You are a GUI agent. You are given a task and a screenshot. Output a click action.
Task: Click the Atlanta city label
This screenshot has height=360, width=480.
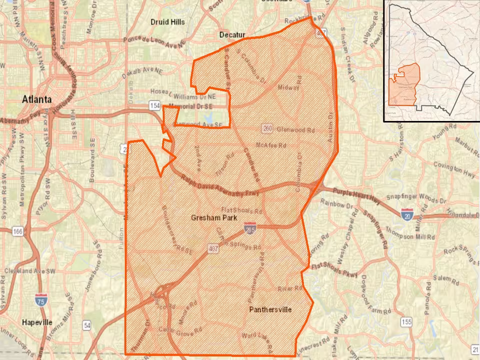click(36, 99)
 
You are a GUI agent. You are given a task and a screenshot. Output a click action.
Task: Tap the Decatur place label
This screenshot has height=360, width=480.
click(232, 34)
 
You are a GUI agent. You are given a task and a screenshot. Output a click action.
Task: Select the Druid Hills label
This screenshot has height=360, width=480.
click(167, 22)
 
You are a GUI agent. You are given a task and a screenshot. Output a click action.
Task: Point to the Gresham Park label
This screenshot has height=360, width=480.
click(213, 218)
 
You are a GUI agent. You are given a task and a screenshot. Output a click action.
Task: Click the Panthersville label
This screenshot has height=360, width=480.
click(270, 309)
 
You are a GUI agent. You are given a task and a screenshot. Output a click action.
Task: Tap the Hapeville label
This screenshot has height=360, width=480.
click(36, 322)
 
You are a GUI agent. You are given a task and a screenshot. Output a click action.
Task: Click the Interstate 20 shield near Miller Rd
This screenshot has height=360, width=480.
click(406, 214)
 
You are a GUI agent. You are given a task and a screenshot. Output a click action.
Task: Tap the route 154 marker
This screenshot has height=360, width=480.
click(154, 105)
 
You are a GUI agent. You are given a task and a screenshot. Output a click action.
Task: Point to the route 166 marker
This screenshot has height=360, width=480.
click(18, 231)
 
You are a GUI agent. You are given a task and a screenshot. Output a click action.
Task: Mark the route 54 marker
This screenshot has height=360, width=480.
click(87, 326)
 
